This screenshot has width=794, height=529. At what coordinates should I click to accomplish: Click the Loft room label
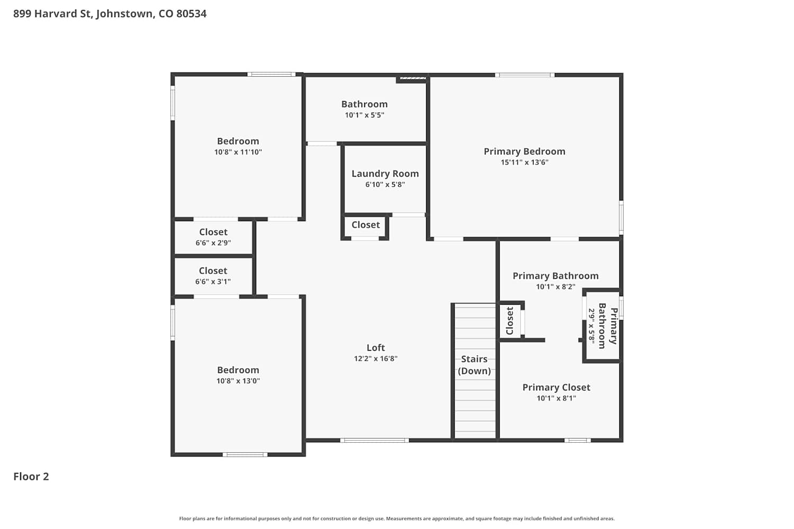tap(376, 348)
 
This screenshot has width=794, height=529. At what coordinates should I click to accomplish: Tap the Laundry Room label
tap(385, 174)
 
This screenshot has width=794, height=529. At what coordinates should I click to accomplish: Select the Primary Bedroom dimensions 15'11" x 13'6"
tap(525, 162)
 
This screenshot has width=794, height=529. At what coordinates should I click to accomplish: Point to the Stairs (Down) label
tap(474, 365)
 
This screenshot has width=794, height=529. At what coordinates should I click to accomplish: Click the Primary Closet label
tap(556, 387)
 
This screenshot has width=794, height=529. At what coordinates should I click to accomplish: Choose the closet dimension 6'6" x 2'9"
tap(213, 243)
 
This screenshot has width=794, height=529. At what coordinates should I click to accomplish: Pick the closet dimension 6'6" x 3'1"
tap(213, 281)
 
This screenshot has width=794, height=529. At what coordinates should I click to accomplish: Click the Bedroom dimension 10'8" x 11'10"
tap(238, 152)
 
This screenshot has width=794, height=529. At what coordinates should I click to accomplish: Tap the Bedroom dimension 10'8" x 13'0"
tap(238, 381)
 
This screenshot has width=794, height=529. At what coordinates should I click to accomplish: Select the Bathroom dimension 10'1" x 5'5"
tap(365, 115)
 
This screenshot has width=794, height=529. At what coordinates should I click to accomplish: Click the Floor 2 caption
tap(31, 477)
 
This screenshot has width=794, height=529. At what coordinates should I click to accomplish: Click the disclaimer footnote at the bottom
tap(397, 518)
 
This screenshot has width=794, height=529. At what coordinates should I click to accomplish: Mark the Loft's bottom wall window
tap(375, 441)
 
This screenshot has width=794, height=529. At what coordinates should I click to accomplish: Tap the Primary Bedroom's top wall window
tap(525, 75)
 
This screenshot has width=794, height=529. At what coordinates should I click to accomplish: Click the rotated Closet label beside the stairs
tap(510, 321)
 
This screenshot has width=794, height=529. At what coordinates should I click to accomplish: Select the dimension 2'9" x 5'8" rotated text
tap(591, 325)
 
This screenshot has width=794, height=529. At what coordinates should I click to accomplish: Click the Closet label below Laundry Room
tap(366, 225)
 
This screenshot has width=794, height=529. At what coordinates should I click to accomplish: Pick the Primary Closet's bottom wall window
tap(578, 441)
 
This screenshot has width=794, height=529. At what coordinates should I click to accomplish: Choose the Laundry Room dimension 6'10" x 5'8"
tap(385, 185)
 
